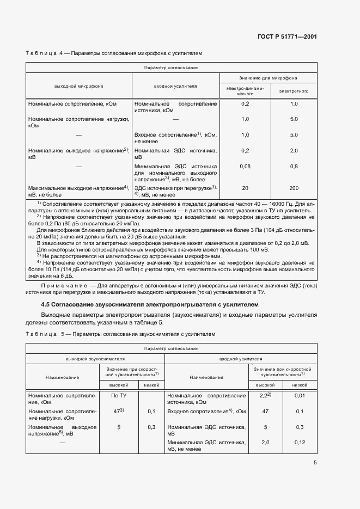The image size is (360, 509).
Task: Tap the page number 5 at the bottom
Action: coord(315,463)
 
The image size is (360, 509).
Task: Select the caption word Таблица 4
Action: coord(45,54)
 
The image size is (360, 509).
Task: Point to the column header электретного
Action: coord(294,91)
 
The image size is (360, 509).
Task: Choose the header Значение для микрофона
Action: coord(267,78)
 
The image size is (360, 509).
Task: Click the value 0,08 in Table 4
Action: coord(245,166)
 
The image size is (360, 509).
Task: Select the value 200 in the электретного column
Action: coord(294,188)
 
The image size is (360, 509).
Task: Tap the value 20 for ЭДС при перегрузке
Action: coord(245,188)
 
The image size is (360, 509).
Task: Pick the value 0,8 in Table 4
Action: coord(294,166)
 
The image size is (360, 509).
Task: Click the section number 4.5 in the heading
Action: coord(47,304)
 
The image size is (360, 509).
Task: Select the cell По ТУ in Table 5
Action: coord(119,396)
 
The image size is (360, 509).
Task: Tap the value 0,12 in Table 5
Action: coord(299,443)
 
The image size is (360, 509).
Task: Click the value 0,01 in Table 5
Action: coord(299,396)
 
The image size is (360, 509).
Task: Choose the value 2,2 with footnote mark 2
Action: coord(265,395)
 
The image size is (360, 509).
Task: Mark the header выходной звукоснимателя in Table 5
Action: coord(95,359)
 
